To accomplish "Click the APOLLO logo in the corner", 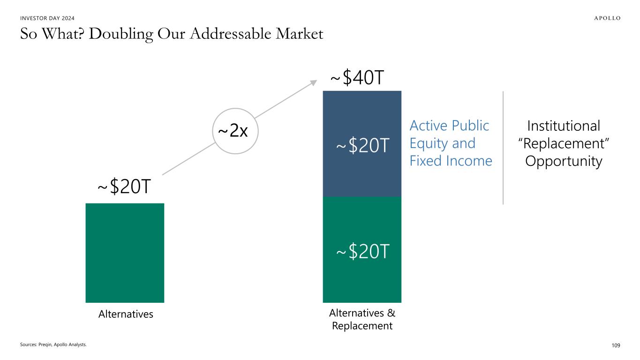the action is point(607,18).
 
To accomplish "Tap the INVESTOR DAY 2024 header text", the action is point(47,18).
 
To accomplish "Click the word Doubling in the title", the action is point(121,34).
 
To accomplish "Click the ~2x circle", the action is point(235,131).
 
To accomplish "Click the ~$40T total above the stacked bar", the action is point(357,77).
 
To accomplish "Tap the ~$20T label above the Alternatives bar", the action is point(124,186).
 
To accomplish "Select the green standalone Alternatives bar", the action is point(125,253).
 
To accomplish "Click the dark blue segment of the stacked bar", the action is point(362,144).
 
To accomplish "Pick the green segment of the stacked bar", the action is point(362,250).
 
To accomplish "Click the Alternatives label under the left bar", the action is point(126,314).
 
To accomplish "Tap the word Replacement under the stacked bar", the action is point(362,326).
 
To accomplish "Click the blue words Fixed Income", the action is point(451,161).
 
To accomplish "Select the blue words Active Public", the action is point(450,126).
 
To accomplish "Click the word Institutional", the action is point(564,126).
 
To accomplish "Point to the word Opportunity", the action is point(564,161).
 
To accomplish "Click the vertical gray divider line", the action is point(503,148).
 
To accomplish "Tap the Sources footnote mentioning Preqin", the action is point(53,345).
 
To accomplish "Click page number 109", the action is point(616,345).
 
